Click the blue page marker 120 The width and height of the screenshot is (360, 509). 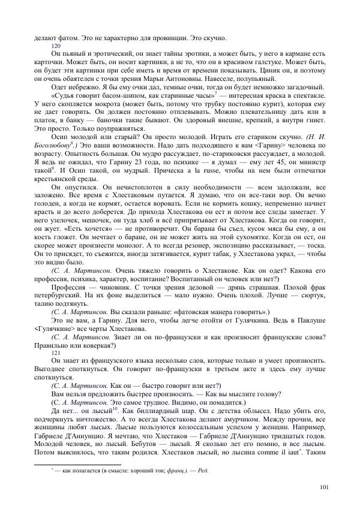click(56, 46)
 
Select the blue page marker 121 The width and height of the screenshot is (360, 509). click(56, 352)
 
